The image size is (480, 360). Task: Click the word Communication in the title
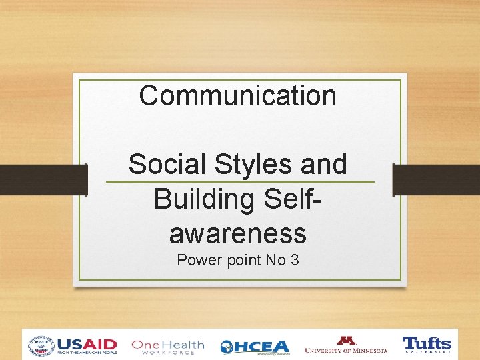point(237,95)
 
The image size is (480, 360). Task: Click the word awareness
point(238,233)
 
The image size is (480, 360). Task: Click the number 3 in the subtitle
point(294,260)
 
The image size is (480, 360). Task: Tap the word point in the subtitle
point(240,260)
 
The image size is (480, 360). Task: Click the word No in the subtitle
point(275,260)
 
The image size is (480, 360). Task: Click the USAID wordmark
point(87,345)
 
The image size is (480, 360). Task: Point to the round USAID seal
point(41,346)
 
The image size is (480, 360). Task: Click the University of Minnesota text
point(345,350)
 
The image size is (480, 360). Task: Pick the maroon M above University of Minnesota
point(347,340)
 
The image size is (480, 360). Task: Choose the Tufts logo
point(427,345)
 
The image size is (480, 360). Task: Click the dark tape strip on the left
point(43,180)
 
